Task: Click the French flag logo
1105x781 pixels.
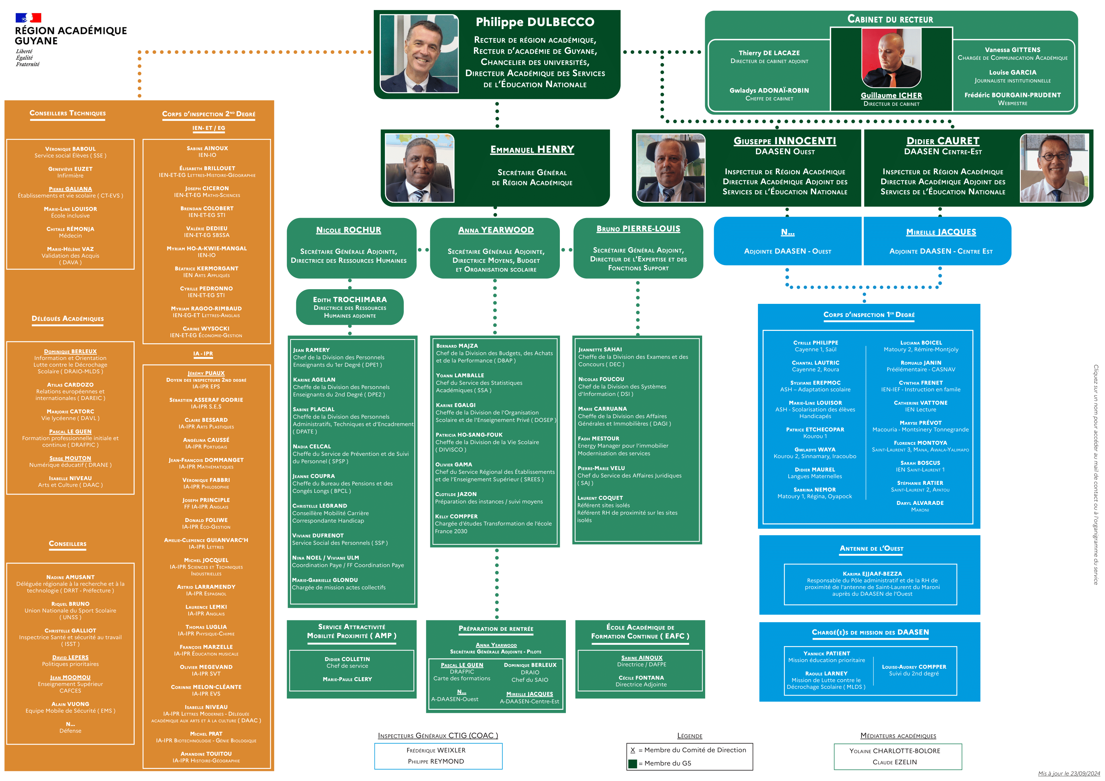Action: pos(28,18)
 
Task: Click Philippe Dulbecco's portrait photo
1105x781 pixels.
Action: pos(419,53)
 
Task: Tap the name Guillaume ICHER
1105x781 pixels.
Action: pos(891,95)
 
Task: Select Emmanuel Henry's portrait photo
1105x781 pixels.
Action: pos(419,168)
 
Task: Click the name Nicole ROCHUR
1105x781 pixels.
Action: pos(348,230)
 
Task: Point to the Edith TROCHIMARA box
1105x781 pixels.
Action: pos(350,307)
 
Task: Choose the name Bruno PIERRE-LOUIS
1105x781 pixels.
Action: pos(638,229)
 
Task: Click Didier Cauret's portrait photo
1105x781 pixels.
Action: pos(1054,168)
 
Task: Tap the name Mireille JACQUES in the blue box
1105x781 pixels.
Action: pos(941,232)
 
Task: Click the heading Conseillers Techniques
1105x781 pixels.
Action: pos(68,113)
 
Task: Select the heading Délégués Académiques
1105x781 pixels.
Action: pos(68,319)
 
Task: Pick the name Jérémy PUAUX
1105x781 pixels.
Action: pos(206,373)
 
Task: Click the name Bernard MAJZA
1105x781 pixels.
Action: pos(457,346)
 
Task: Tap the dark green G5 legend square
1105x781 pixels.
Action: pos(632,763)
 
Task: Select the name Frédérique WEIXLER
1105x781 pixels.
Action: pos(436,750)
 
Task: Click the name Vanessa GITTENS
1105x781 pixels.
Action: pos(1012,49)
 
